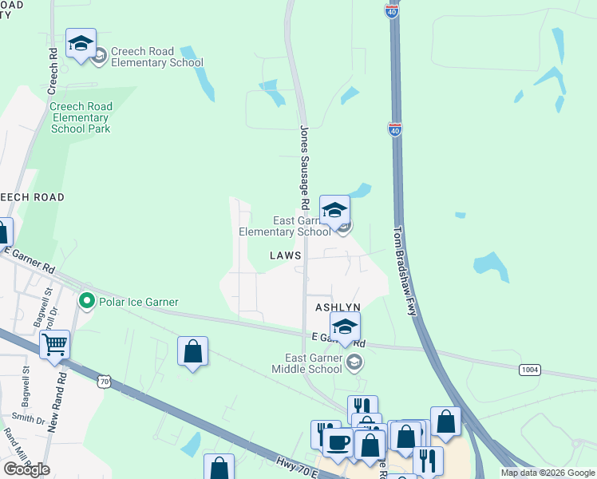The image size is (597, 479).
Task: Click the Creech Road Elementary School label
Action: [x=157, y=57]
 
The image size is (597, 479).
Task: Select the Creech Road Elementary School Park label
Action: [x=81, y=117]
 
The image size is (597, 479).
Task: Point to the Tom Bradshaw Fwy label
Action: [x=405, y=271]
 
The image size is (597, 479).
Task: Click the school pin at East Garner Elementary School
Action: [x=334, y=211]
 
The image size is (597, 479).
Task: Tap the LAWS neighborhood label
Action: [x=285, y=255]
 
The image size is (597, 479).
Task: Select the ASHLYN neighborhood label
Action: [x=338, y=307]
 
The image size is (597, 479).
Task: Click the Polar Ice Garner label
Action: [x=137, y=302]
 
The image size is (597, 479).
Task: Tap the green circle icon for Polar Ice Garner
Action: [x=85, y=302]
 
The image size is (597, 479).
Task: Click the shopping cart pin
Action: [x=55, y=346]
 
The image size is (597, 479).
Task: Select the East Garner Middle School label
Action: [x=309, y=363]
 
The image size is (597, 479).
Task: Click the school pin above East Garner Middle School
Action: [x=345, y=327]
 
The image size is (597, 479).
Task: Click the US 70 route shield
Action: [x=104, y=382]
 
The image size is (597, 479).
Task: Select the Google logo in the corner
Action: [x=26, y=469]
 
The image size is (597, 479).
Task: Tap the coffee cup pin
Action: [x=337, y=442]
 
